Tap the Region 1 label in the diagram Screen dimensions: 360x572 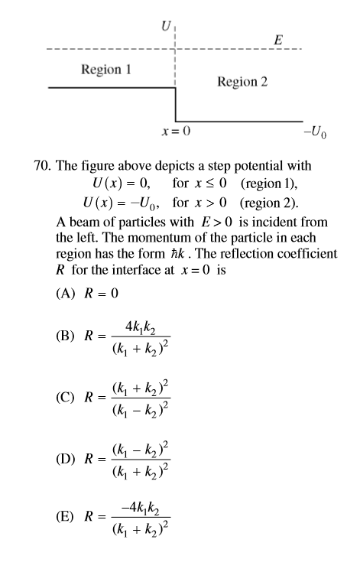pos(106,70)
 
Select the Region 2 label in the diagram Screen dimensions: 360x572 pos(242,81)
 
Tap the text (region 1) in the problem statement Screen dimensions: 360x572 pos(272,184)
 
